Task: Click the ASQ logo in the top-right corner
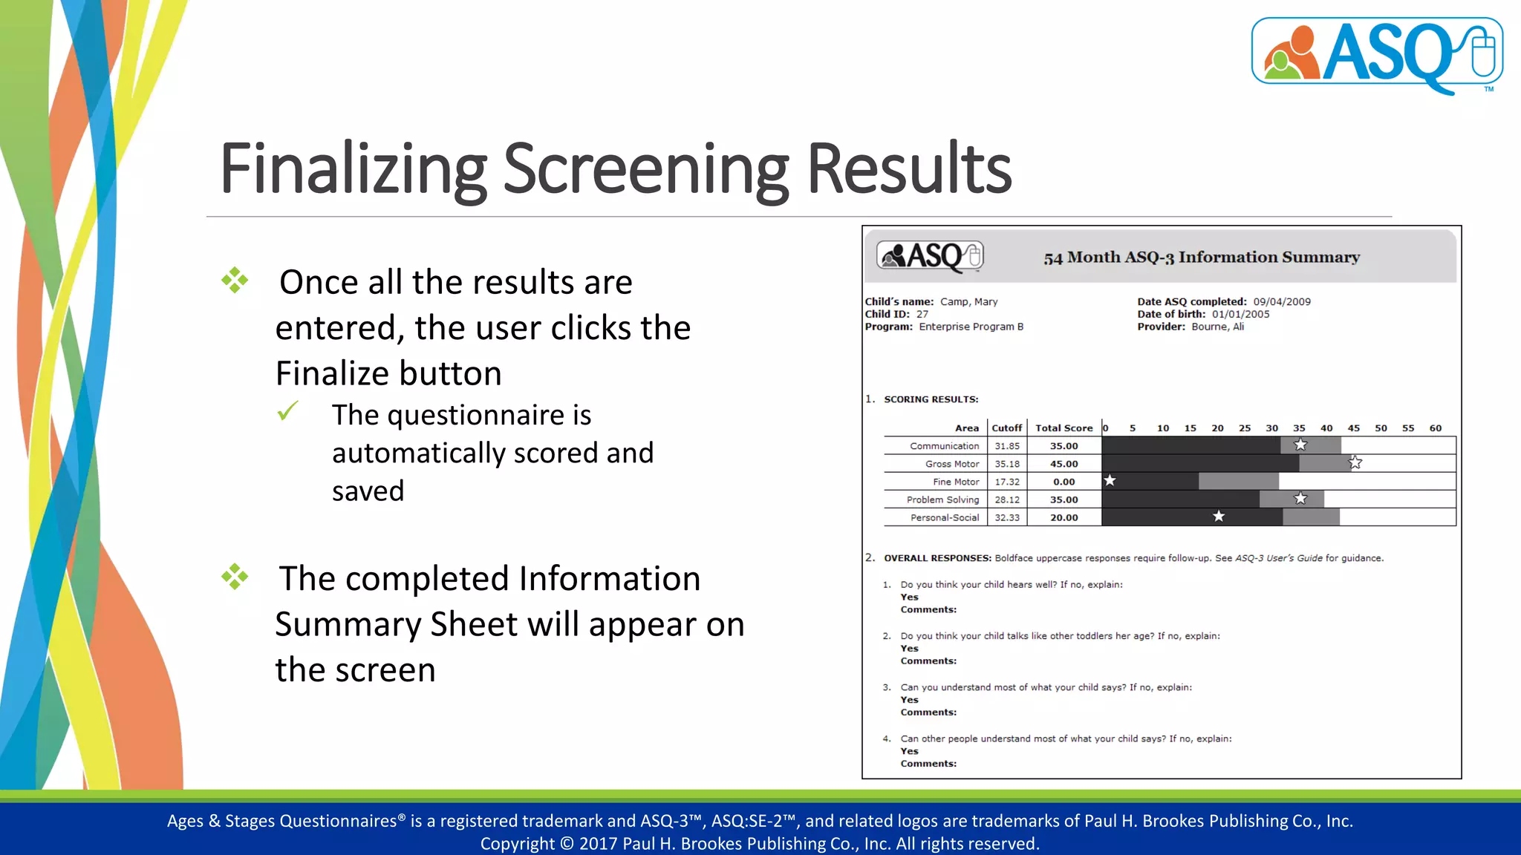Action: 1377,54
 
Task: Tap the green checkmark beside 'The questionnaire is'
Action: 287,410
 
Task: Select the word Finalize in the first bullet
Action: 388,373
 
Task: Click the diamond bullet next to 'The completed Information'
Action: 235,577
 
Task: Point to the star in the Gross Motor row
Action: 1355,463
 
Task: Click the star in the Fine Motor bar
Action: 1110,480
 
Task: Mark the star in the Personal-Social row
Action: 1219,517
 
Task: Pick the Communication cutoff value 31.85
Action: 1007,446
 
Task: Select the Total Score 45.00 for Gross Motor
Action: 1064,464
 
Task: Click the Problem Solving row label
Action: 942,499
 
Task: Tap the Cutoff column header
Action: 1006,428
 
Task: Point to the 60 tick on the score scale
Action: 1435,428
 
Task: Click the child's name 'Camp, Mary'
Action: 968,302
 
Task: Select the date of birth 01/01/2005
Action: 1240,315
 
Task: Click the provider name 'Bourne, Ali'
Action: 1217,327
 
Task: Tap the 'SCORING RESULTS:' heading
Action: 931,399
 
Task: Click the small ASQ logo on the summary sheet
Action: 930,256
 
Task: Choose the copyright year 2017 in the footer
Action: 598,844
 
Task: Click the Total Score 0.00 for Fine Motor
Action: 1064,482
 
